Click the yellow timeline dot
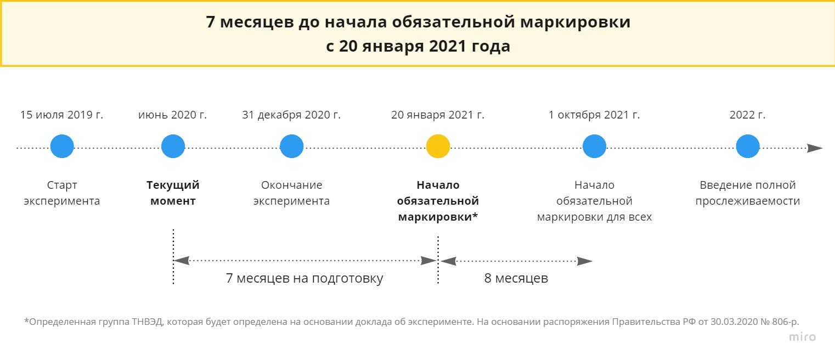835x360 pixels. click(x=438, y=146)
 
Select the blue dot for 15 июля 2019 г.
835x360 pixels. click(x=62, y=146)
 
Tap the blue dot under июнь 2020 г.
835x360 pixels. click(x=173, y=146)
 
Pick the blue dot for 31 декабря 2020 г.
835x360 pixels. click(x=291, y=146)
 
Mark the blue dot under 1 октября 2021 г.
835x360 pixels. click(x=594, y=146)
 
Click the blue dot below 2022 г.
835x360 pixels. click(x=748, y=146)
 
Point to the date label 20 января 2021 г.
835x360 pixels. click(x=438, y=115)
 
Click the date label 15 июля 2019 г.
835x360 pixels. click(x=61, y=115)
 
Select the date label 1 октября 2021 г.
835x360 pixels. click(x=594, y=115)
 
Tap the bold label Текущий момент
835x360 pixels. click(x=173, y=193)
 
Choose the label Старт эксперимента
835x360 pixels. click(x=62, y=193)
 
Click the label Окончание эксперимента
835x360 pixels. click(x=291, y=193)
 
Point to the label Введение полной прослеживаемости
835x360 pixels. click(x=748, y=193)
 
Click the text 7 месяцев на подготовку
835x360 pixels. click(x=304, y=278)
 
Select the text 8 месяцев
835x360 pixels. click(x=516, y=278)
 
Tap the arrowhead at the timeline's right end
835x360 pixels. click(x=815, y=148)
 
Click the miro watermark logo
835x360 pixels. click(x=802, y=337)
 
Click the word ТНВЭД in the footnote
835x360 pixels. click(x=147, y=322)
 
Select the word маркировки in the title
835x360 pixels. click(x=575, y=22)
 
